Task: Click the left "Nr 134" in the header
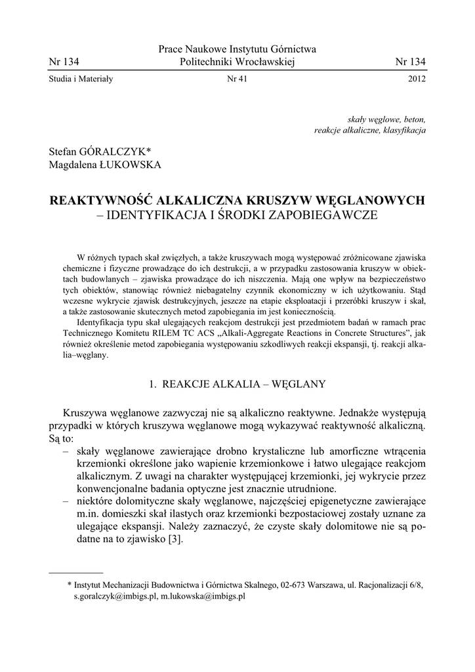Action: [64, 62]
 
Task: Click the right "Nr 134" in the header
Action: [411, 62]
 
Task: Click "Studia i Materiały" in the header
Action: [81, 79]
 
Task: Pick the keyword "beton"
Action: [413, 119]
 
